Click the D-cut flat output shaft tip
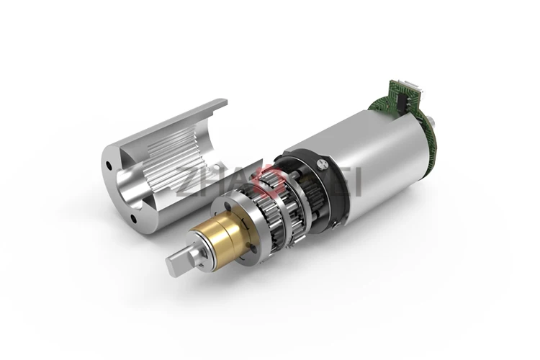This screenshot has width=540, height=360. point(176,264)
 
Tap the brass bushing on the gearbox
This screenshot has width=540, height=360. point(208,241)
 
